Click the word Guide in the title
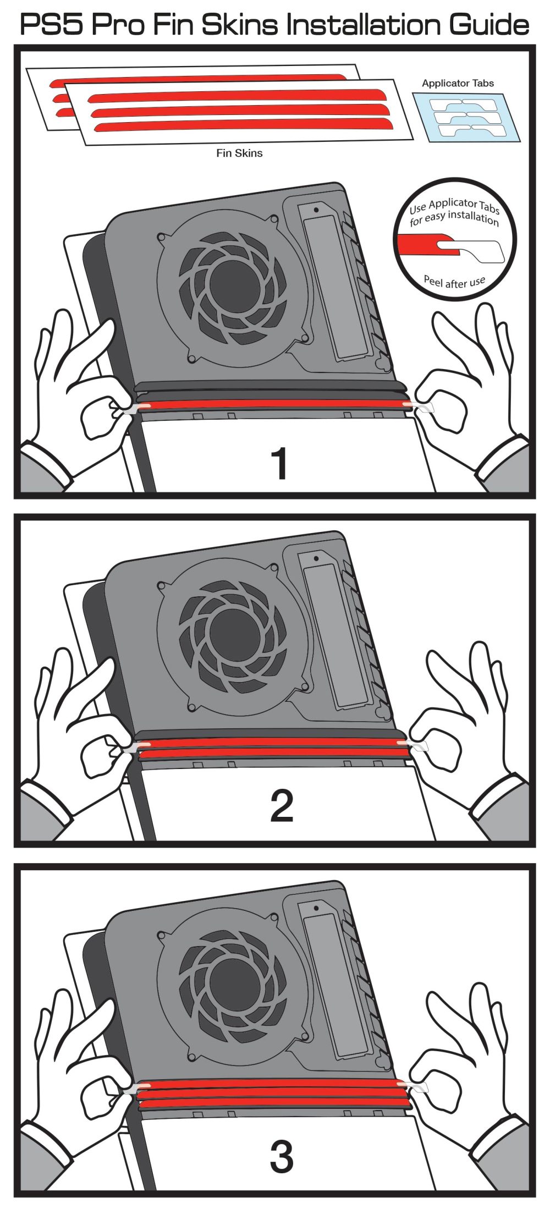tap(489, 24)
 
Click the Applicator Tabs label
tap(458, 84)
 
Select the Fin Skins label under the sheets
tap(239, 153)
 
